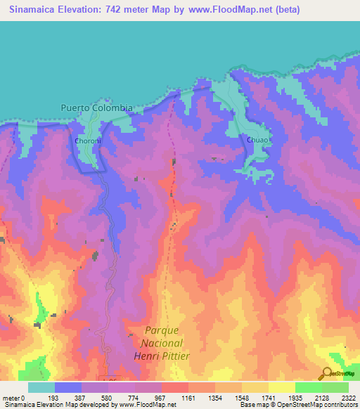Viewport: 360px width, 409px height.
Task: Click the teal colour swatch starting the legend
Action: (41, 387)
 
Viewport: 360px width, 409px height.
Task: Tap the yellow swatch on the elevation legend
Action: (281, 387)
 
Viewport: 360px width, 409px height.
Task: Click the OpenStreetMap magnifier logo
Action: (328, 374)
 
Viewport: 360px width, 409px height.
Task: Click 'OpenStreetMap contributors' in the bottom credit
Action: (324, 405)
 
